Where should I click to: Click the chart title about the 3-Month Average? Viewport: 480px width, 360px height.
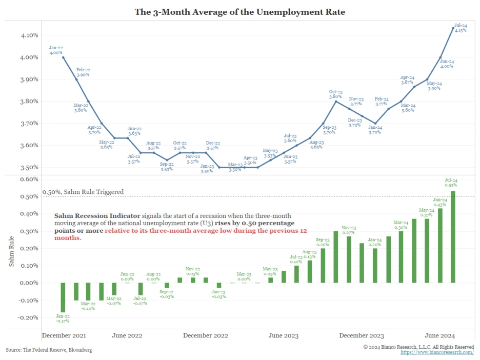point(239,11)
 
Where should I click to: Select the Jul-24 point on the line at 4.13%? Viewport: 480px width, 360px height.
point(453,28)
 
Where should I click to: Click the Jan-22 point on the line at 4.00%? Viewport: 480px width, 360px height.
point(63,57)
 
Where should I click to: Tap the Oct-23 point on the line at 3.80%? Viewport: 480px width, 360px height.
point(336,102)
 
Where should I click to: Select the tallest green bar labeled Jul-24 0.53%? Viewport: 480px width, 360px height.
point(453,237)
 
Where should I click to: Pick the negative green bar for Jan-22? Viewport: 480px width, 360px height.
point(63,297)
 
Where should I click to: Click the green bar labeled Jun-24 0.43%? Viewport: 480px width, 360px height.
point(440,246)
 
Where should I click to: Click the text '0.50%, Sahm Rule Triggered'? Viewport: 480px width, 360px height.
point(83,192)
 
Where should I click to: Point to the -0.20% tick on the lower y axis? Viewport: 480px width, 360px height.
point(29,317)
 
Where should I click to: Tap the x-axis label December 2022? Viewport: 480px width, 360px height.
point(205,335)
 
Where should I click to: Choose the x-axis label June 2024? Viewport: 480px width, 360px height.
point(440,335)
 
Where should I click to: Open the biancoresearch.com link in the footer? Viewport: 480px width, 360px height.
point(437,353)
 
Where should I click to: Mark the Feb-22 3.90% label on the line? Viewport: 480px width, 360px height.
point(83,71)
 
